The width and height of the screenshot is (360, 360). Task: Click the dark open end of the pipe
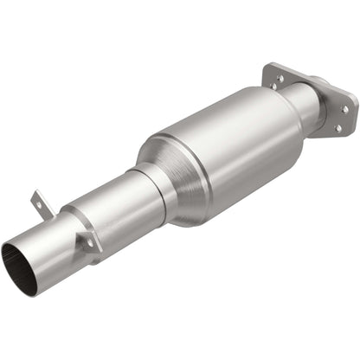20,269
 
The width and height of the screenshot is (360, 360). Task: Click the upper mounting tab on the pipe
41,204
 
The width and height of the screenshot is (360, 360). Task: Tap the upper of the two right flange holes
344,109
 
